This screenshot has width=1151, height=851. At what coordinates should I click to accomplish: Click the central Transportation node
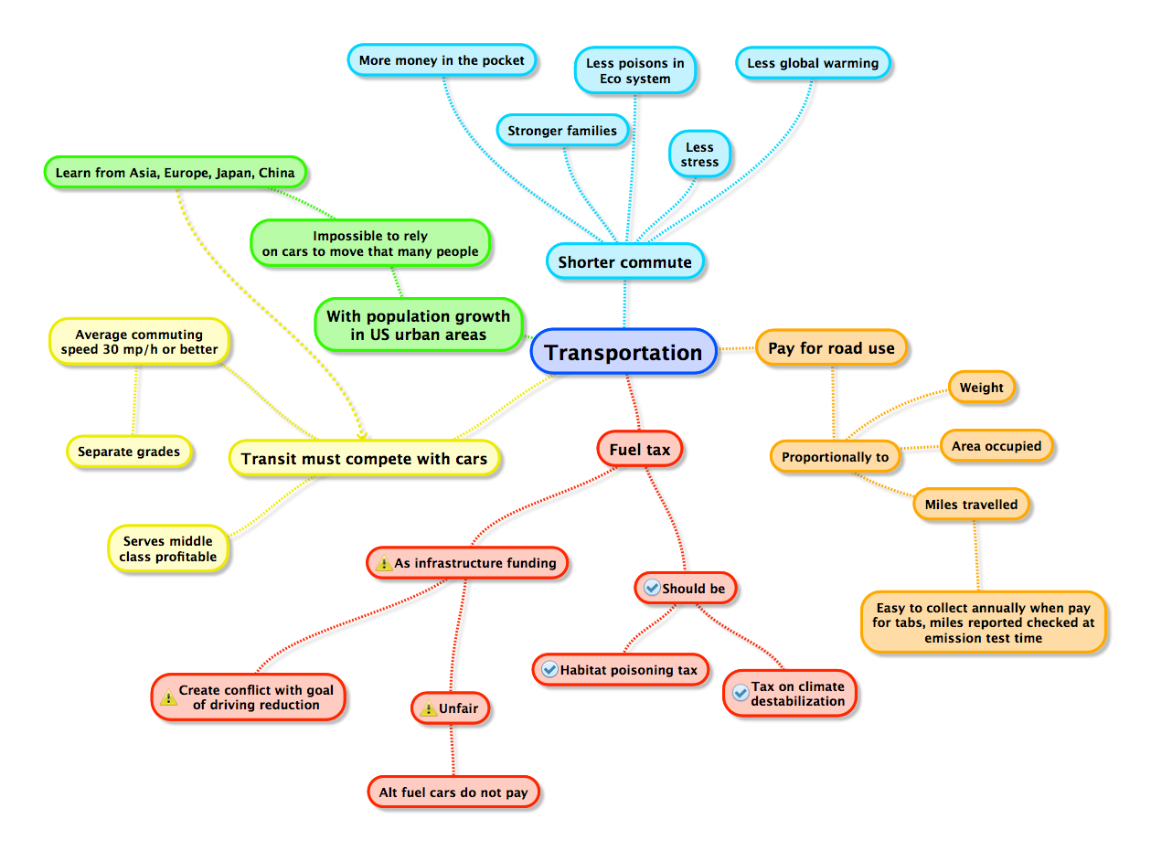pyautogui.click(x=623, y=353)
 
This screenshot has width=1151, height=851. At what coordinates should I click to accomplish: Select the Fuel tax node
pyautogui.click(x=639, y=450)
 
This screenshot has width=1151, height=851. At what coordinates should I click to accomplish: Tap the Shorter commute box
pyautogui.click(x=625, y=262)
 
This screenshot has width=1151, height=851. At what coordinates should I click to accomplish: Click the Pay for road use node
pyautogui.click(x=831, y=348)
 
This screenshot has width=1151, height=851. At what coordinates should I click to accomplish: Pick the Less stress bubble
pyautogui.click(x=699, y=154)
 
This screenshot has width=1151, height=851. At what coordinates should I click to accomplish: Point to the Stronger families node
pyautogui.click(x=562, y=131)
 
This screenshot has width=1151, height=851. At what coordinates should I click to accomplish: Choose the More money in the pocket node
pyautogui.click(x=442, y=61)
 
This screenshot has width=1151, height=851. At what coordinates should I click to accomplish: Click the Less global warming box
pyautogui.click(x=813, y=63)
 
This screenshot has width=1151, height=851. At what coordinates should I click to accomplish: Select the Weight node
pyautogui.click(x=982, y=388)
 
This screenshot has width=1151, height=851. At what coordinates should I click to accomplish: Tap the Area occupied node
pyautogui.click(x=996, y=446)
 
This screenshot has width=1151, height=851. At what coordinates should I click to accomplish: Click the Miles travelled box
pyautogui.click(x=971, y=505)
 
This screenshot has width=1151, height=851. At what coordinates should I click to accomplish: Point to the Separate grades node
pyautogui.click(x=129, y=452)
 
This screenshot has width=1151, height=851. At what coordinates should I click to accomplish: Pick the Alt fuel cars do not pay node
pyautogui.click(x=453, y=792)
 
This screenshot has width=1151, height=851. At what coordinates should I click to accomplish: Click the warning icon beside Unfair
pyautogui.click(x=428, y=708)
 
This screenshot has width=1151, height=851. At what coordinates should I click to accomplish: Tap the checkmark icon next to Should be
pyautogui.click(x=652, y=588)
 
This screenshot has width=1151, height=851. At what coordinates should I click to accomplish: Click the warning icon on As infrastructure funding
pyautogui.click(x=384, y=563)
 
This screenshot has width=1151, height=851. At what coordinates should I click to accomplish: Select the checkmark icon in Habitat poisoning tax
pyautogui.click(x=549, y=670)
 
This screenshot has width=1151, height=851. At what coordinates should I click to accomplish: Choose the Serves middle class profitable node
pyautogui.click(x=168, y=548)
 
